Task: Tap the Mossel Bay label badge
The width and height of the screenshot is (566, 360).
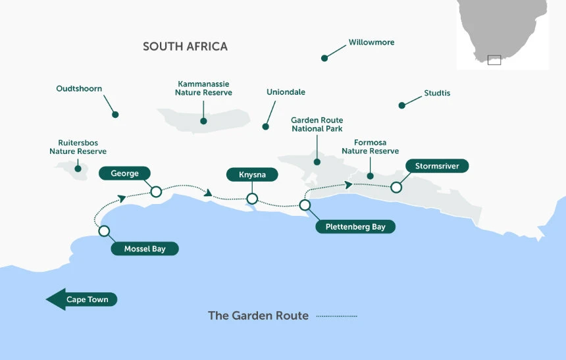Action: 145,249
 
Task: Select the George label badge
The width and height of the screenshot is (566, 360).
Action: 124,173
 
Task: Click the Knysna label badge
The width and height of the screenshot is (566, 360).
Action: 251,174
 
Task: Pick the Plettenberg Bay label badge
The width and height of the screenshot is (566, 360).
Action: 355,227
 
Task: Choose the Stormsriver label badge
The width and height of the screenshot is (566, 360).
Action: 437,166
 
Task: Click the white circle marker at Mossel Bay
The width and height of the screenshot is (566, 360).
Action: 104,231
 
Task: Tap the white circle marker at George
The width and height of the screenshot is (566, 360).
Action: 156,192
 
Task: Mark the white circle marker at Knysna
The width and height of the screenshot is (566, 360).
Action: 251,198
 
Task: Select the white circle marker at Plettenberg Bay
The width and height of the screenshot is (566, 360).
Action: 305,205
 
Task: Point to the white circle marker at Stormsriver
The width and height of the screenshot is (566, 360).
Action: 396,187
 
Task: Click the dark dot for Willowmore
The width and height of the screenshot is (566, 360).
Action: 324,59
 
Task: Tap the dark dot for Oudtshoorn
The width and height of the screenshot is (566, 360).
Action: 115,115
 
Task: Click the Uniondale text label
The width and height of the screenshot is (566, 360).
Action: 286,92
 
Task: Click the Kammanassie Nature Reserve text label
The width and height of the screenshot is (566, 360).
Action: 203,88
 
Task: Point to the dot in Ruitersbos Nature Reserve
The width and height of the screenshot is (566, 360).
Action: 78,168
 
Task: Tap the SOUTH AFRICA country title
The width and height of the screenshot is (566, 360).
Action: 185,47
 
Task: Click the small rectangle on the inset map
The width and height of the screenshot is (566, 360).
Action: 494,60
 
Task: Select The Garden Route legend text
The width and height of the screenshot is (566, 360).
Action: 258,316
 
